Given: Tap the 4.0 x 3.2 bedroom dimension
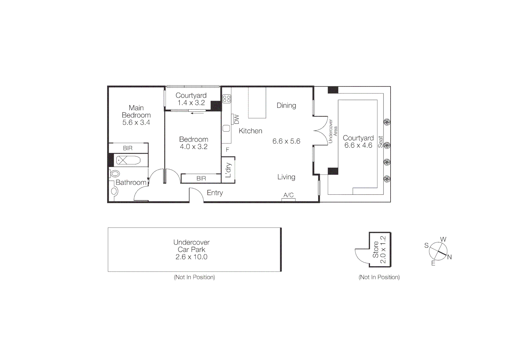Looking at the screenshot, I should [193, 147].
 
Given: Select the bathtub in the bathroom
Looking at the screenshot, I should [128, 160].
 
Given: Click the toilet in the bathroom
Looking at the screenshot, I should [115, 174].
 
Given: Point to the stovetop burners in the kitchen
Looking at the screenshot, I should [227, 98].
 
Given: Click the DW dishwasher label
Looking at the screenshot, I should [236, 119].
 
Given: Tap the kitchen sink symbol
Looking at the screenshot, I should [226, 128].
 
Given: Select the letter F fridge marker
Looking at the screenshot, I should [227, 150].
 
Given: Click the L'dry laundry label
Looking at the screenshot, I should [228, 170].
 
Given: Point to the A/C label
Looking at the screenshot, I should [289, 195].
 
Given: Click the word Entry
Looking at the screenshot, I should [215, 193].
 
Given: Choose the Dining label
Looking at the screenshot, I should [286, 105].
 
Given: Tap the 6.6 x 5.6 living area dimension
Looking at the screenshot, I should [286, 141].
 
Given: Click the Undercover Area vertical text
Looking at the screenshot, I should [333, 131].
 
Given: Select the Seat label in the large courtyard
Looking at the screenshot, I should [381, 142].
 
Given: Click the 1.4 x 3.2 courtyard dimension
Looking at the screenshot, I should [191, 103].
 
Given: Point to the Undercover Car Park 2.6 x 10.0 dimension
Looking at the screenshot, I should [191, 257].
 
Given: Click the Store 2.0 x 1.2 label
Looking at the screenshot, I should [379, 249].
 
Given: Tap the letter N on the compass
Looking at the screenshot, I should [449, 257].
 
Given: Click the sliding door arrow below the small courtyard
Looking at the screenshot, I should [197, 113].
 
